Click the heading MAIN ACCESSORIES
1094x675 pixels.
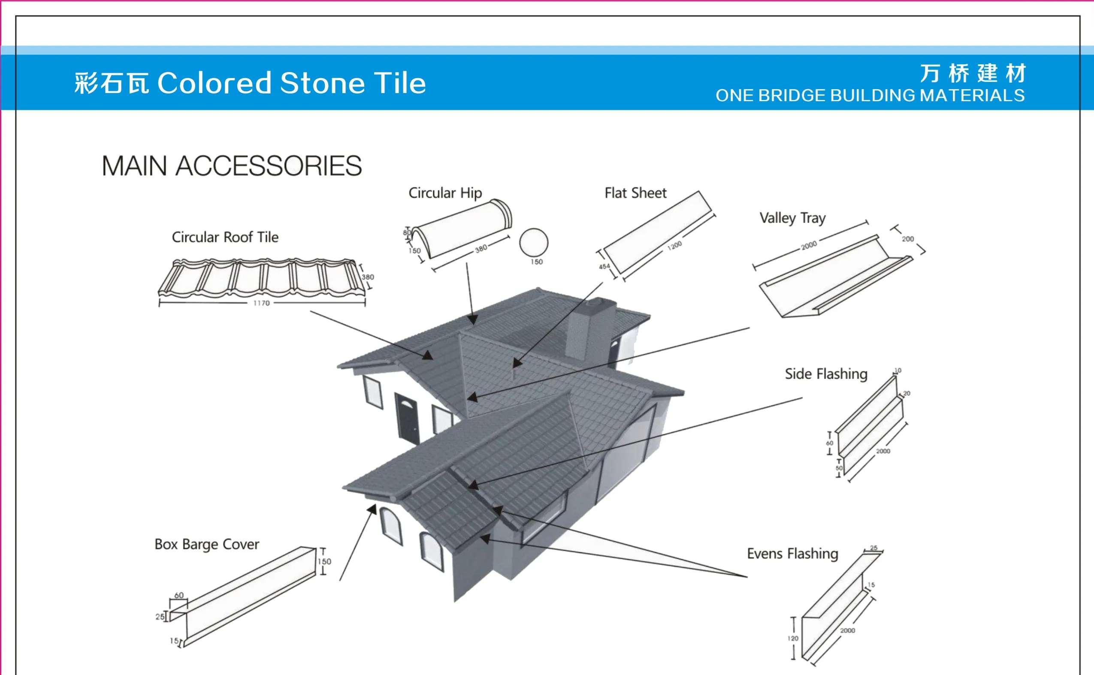point(231,166)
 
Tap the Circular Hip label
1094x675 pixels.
point(445,193)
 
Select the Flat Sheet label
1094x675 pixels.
point(635,193)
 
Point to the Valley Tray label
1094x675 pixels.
point(792,218)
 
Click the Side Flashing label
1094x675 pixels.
point(826,374)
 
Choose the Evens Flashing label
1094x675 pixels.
point(792,554)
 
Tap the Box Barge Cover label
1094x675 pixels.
point(207,544)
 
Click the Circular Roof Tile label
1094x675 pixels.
point(225,237)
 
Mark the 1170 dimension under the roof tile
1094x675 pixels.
point(262,303)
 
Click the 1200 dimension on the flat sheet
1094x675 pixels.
point(674,246)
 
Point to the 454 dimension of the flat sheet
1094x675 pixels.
point(604,266)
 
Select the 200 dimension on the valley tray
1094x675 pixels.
point(907,239)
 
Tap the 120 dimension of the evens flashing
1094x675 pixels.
point(792,639)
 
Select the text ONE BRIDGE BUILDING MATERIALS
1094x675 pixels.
point(870,96)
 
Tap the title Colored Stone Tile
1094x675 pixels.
point(292,83)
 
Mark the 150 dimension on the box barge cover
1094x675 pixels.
point(325,561)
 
